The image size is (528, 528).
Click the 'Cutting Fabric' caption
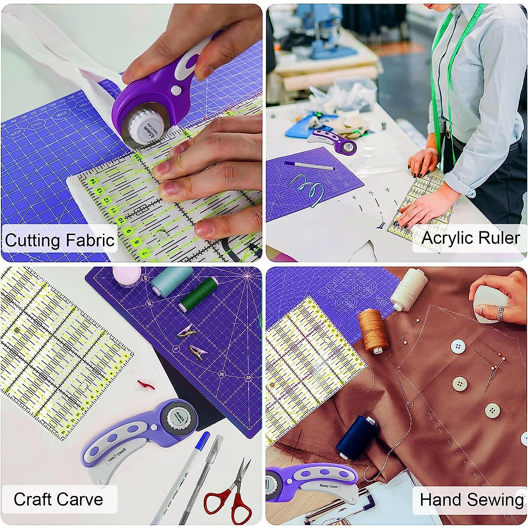60,241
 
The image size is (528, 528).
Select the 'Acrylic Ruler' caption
470,238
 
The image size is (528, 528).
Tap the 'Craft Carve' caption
59,499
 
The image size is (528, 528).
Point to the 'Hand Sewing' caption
471,500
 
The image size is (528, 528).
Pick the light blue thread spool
172,281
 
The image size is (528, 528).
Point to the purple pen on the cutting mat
308,165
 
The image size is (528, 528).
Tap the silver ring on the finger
500,313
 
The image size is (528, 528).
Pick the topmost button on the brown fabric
458,347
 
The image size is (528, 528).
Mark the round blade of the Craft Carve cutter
179,417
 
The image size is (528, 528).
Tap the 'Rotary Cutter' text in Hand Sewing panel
325,486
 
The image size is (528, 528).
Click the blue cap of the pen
202,440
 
